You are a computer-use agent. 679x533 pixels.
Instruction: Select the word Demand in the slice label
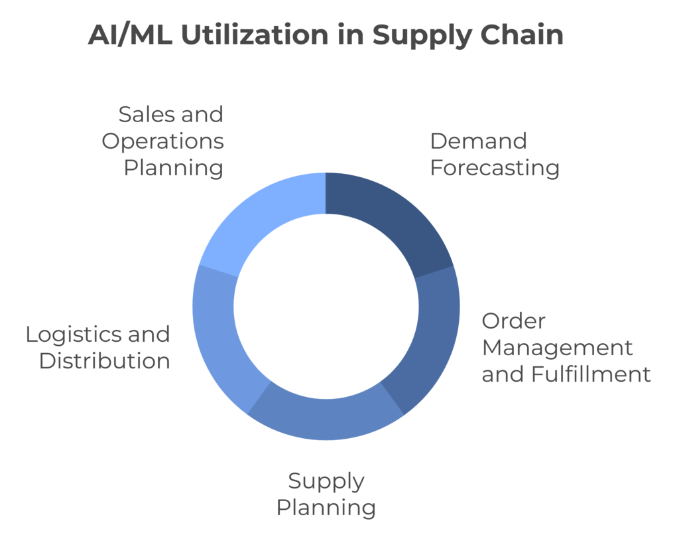pyautogui.click(x=479, y=141)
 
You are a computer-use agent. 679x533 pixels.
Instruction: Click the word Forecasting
pyautogui.click(x=495, y=168)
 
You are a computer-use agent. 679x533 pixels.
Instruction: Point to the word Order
pyautogui.click(x=514, y=321)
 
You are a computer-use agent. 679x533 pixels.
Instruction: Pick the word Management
pyautogui.click(x=558, y=348)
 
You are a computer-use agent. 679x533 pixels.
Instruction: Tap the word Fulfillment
pyautogui.click(x=591, y=374)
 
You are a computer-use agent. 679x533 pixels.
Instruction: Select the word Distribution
pyautogui.click(x=105, y=361)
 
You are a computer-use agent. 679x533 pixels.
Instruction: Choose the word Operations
pyautogui.click(x=163, y=142)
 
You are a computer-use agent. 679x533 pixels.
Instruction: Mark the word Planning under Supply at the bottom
pyautogui.click(x=326, y=508)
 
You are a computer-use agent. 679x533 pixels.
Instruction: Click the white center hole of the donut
pyautogui.click(x=326, y=307)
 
